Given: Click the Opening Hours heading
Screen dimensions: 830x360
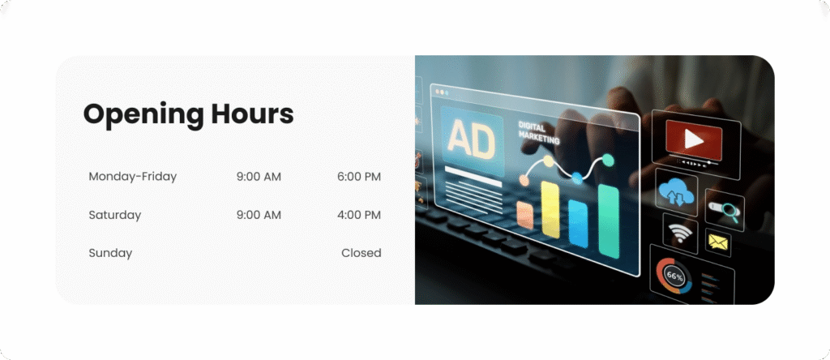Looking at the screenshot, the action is (x=188, y=114).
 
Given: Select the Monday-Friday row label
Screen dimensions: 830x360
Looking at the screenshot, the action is (x=132, y=176).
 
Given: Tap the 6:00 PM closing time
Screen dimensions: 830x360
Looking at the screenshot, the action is (x=359, y=176).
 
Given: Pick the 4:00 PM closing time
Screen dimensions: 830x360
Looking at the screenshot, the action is (x=359, y=215).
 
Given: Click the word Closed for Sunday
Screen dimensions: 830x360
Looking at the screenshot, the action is (x=361, y=253).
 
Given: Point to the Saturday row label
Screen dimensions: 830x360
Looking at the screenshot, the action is (x=115, y=215).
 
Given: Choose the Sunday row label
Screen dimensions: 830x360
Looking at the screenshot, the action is (x=110, y=253).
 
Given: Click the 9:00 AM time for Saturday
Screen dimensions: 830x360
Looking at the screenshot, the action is (x=259, y=215).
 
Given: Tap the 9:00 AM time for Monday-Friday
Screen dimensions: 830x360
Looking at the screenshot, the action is (x=259, y=176).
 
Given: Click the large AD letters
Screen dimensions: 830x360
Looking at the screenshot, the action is (x=472, y=139).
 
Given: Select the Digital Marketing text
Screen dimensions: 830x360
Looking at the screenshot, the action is (x=538, y=132).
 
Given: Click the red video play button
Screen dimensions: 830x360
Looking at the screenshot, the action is (x=694, y=139).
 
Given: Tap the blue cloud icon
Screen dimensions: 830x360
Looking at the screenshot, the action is (x=675, y=192).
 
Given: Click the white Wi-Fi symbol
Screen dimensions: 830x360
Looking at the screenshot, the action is (x=680, y=233).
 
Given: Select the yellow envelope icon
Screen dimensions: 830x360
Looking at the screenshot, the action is (x=718, y=242).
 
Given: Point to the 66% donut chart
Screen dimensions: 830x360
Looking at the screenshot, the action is (x=675, y=276).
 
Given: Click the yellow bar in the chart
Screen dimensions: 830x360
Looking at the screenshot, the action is (x=550, y=210).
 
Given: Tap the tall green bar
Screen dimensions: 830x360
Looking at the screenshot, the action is (x=609, y=221).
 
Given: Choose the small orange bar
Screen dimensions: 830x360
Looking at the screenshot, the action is (x=525, y=215).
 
